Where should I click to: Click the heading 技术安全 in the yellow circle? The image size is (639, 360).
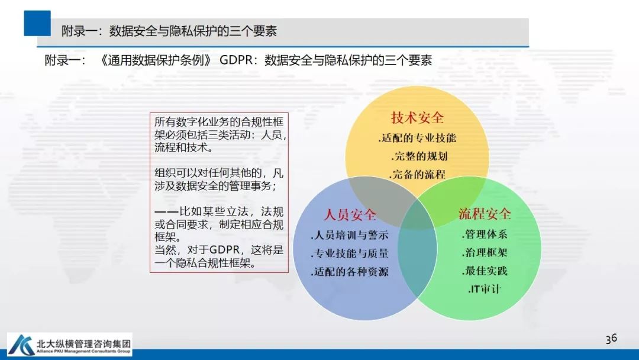coord(417,118)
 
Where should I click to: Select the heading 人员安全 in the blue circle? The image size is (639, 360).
coord(350,214)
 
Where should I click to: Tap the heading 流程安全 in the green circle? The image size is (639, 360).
coord(485,214)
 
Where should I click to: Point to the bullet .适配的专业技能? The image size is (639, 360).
coord(417,139)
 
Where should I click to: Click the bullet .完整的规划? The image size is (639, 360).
coord(419,157)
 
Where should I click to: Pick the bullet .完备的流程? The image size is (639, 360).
coord(417,175)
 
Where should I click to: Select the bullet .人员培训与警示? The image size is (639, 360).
coord(349,235)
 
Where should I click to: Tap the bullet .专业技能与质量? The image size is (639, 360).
coord(349,253)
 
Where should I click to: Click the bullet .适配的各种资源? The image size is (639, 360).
coord(349,272)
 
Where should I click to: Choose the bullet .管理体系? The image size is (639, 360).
coord(484,234)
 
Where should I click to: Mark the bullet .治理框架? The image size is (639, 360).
coord(484,253)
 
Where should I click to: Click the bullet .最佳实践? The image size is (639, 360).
coord(484,271)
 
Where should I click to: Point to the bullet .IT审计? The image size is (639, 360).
coord(484,290)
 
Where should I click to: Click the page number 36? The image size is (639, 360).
coord(611,338)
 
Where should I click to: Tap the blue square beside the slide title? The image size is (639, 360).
coord(37,24)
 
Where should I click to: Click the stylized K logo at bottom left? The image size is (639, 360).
coord(21,345)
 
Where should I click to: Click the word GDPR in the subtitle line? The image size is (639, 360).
coord(238,60)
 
